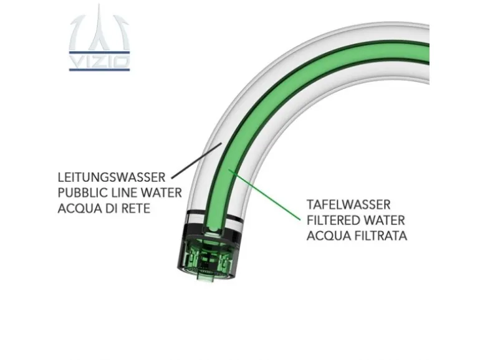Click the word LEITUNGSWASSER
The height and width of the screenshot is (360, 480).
click(112, 177)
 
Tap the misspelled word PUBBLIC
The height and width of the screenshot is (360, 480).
click(80, 192)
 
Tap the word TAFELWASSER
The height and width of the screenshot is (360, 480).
click(348, 205)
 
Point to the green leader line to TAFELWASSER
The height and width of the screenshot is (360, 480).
click(264, 194)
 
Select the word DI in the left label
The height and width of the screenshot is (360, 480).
click(111, 209)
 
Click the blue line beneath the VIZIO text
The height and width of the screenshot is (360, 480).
click(100, 70)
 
